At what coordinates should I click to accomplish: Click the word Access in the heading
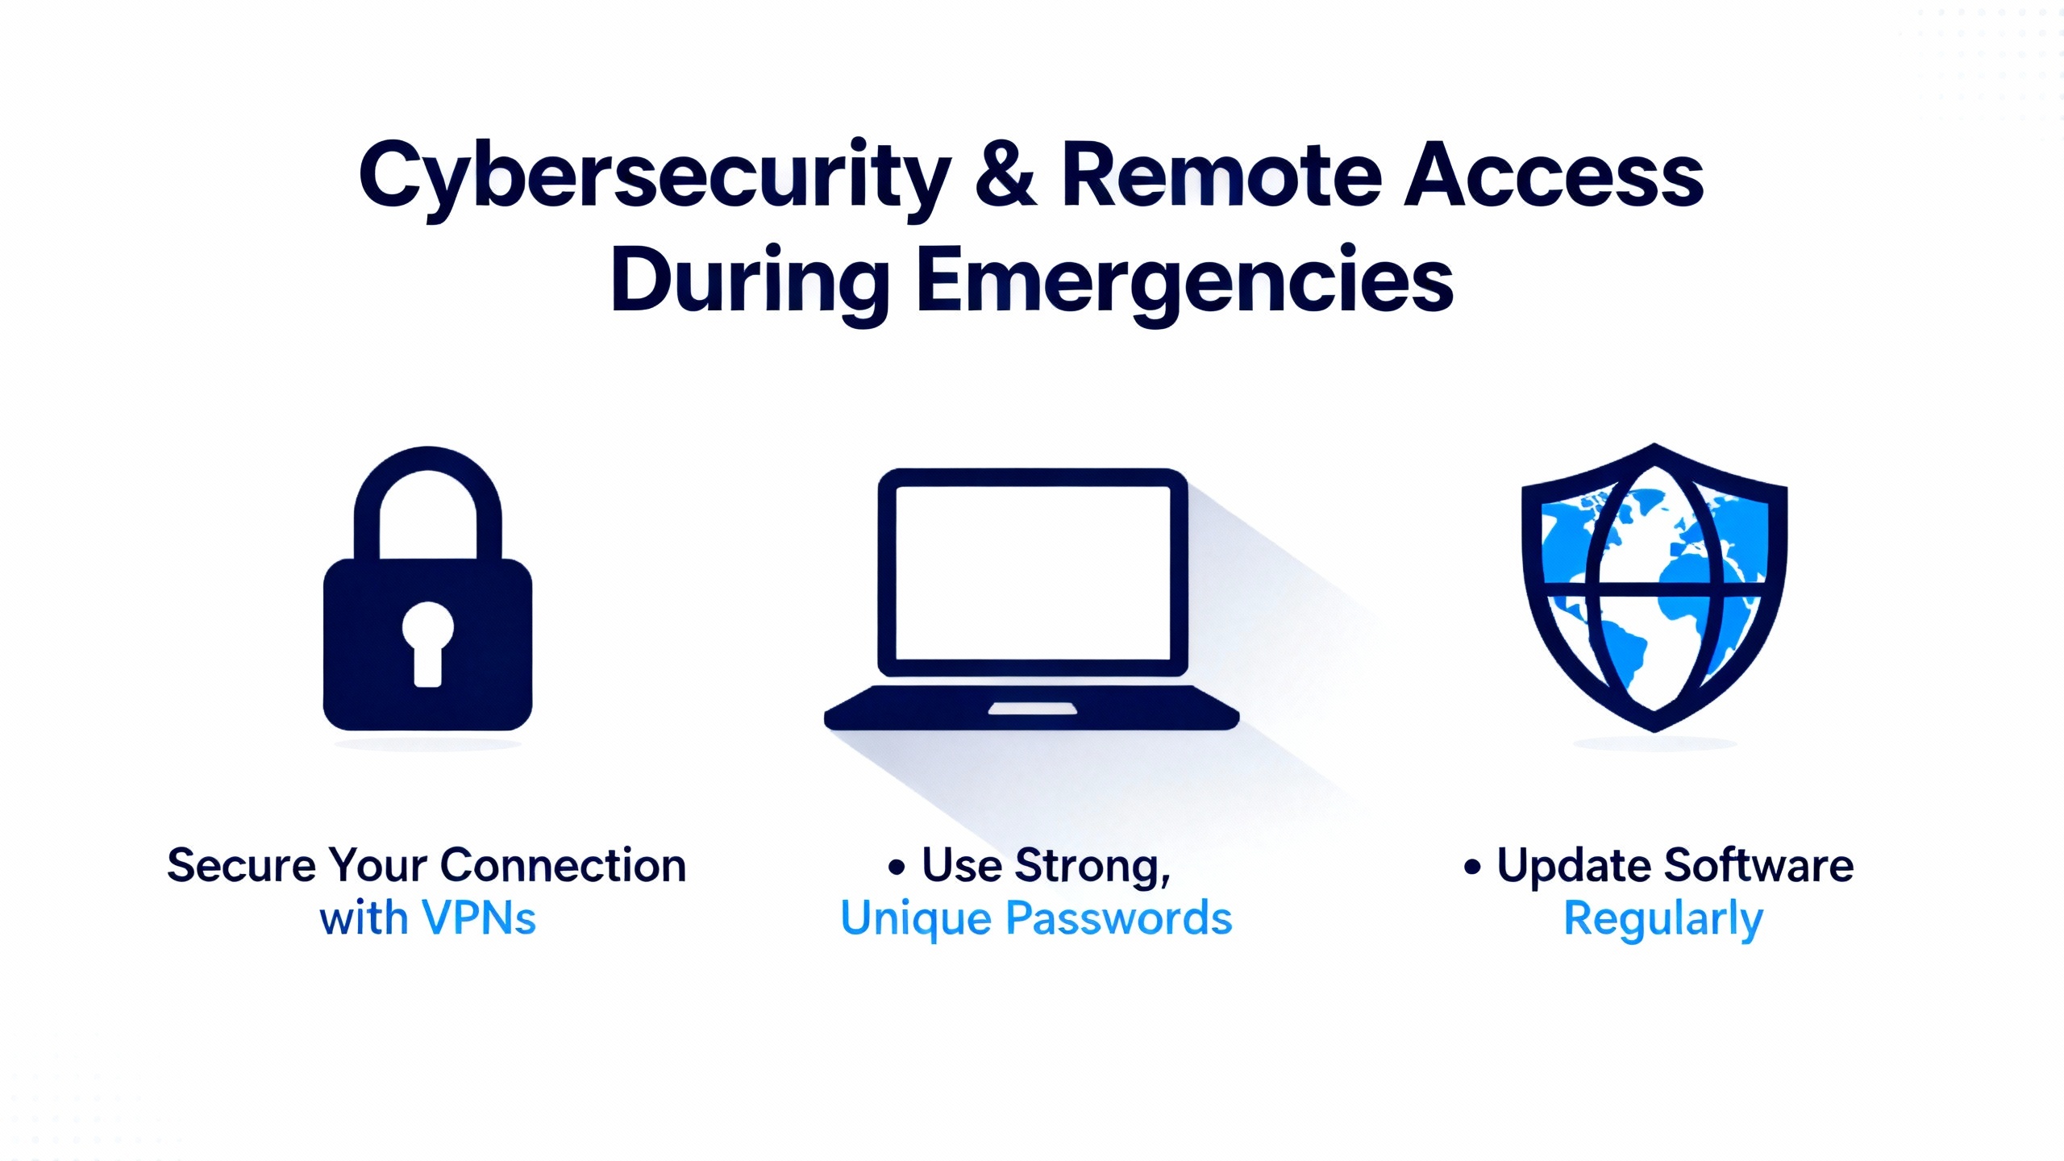pos(1554,173)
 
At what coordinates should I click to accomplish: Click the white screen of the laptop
pos(1033,572)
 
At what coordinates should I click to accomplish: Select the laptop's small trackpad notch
pos(1033,709)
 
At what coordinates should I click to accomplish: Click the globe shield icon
pos(1654,587)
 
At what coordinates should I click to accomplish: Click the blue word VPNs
pos(479,918)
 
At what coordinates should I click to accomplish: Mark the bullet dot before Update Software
pos(1472,867)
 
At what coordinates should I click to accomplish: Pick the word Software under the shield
pos(1758,866)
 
